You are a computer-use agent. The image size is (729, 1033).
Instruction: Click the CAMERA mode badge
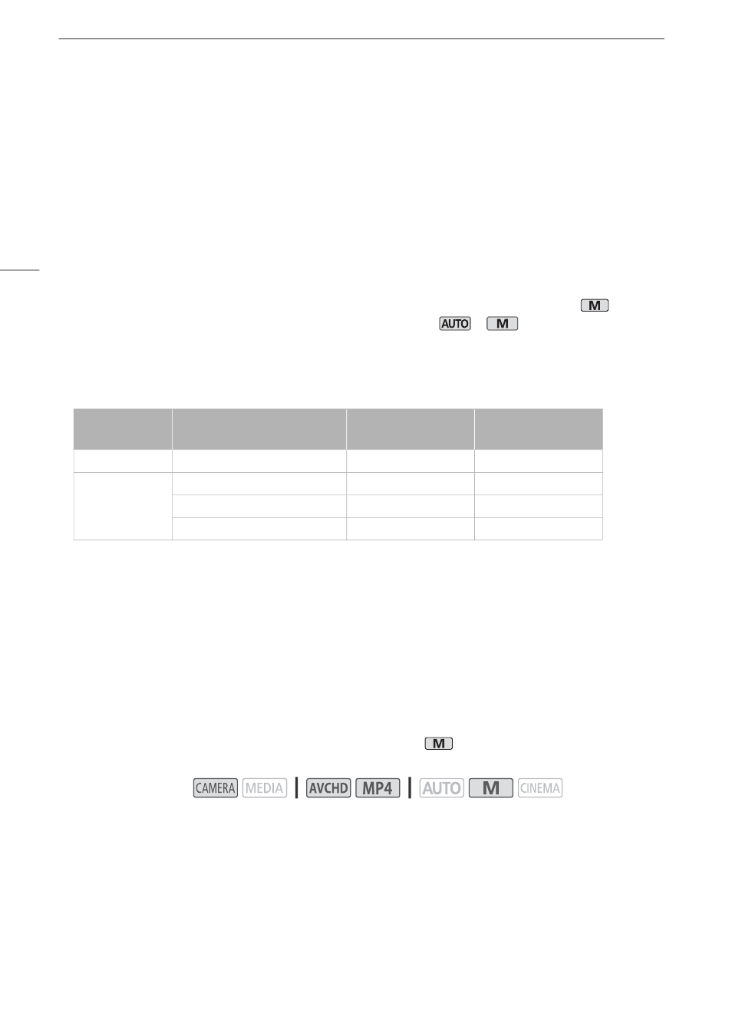(x=216, y=787)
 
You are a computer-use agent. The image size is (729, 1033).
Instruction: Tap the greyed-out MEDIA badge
(x=265, y=787)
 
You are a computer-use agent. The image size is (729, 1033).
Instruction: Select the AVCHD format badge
(x=328, y=787)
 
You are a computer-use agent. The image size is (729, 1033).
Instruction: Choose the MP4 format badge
(x=378, y=787)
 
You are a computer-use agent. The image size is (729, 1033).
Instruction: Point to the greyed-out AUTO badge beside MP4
(x=442, y=787)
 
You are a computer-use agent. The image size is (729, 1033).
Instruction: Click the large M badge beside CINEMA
(x=491, y=787)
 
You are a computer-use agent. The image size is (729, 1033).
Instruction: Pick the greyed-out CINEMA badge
(x=540, y=787)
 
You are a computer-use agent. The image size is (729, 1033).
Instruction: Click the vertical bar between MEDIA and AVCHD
(x=296, y=787)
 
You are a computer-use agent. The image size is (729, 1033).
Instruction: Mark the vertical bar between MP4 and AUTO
(x=410, y=787)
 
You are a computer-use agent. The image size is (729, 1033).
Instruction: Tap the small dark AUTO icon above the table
(x=455, y=324)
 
